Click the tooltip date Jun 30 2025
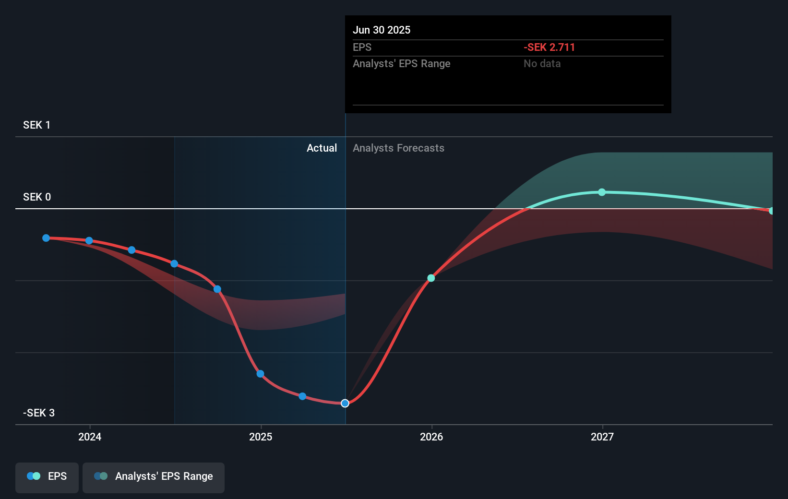point(382,30)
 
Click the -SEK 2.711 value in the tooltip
point(549,47)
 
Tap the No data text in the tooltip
point(542,63)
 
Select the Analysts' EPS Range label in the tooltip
point(401,63)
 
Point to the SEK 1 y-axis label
point(36,125)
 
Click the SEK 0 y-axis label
point(36,197)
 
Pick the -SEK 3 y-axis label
point(38,413)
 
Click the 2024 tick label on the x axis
point(90,437)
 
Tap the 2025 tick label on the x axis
point(261,437)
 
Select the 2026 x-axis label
point(431,437)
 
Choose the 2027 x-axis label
point(602,437)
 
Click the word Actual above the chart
point(322,148)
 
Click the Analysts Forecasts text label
point(398,148)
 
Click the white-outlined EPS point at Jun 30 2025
point(345,403)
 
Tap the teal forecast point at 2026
point(431,278)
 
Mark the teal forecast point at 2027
point(602,192)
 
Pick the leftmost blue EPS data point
point(46,238)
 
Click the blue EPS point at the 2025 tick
point(260,374)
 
